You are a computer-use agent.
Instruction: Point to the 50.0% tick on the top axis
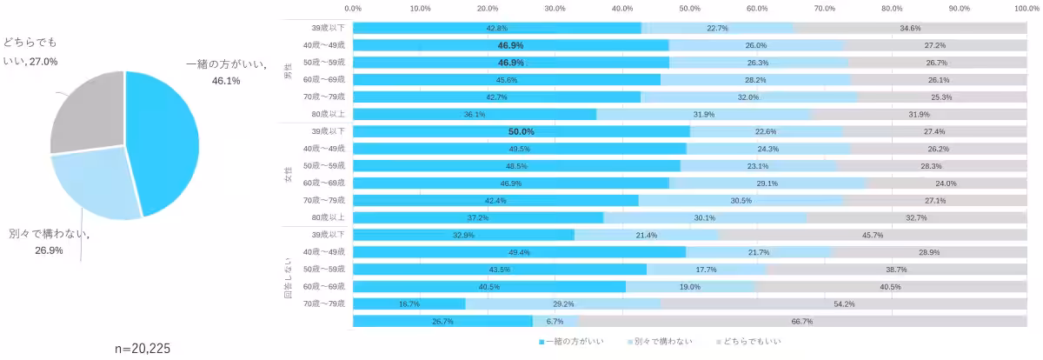pyautogui.click(x=689, y=8)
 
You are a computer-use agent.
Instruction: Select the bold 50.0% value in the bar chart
pyautogui.click(x=521, y=131)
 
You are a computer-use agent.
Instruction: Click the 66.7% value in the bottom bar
pyautogui.click(x=801, y=321)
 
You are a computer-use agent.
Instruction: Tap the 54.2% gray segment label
pyautogui.click(x=843, y=303)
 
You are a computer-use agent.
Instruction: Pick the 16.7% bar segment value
pyautogui.click(x=409, y=303)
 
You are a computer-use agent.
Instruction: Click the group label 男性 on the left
pyautogui.click(x=289, y=70)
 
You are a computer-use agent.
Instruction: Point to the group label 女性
pyautogui.click(x=289, y=174)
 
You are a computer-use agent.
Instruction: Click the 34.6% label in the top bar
pyautogui.click(x=910, y=28)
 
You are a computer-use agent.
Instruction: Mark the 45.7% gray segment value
pyautogui.click(x=872, y=235)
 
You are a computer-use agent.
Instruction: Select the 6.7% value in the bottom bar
pyautogui.click(x=555, y=321)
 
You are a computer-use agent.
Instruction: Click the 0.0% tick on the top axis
pyautogui.click(x=353, y=8)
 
